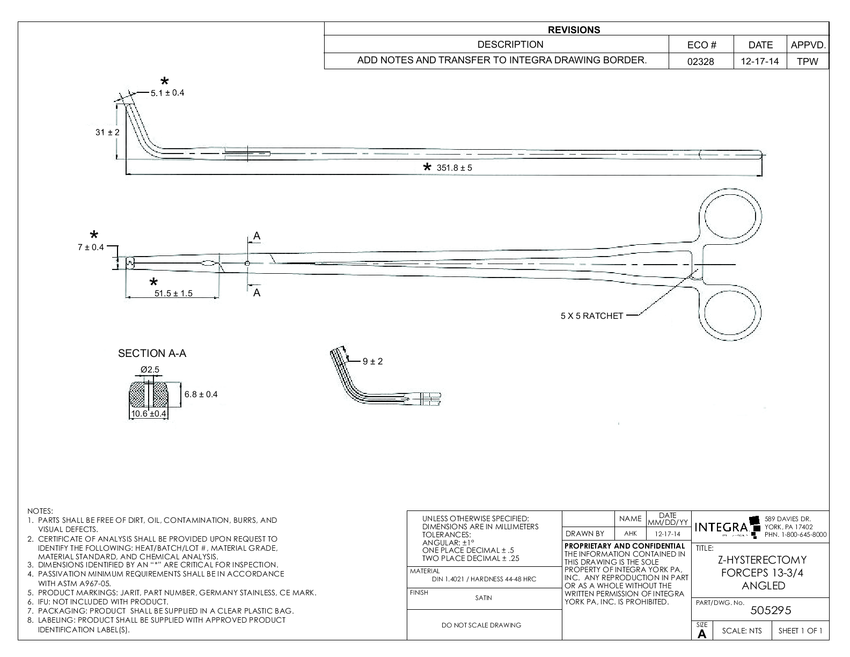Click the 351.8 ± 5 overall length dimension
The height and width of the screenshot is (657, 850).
[454, 167]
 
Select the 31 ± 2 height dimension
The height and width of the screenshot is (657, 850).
[107, 132]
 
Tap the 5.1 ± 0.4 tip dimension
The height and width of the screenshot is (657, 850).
[167, 93]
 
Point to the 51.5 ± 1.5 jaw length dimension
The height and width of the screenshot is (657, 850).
[173, 293]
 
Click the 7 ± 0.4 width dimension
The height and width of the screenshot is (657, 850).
[91, 247]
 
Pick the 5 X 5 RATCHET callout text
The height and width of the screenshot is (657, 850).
[592, 316]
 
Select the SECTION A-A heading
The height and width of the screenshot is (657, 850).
[152, 353]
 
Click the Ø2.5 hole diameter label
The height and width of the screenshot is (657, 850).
[150, 370]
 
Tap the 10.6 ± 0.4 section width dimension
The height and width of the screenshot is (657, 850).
[149, 414]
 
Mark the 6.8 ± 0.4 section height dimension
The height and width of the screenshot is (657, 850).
[201, 395]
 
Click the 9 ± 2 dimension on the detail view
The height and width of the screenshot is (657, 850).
[372, 361]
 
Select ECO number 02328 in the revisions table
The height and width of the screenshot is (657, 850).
[701, 61]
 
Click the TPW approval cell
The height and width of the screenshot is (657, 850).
[807, 61]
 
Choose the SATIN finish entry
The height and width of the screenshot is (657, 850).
[483, 597]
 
